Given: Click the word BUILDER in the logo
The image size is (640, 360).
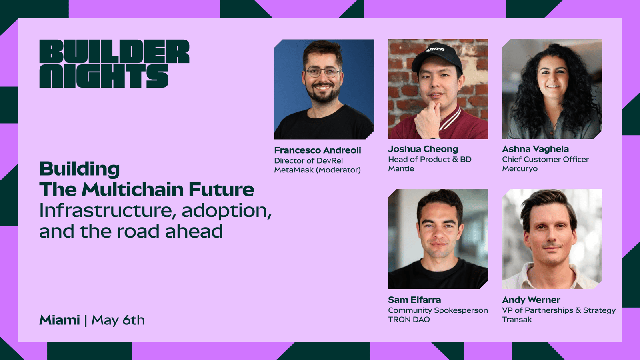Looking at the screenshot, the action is (x=114, y=52).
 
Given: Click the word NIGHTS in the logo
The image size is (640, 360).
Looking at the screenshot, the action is (x=104, y=76).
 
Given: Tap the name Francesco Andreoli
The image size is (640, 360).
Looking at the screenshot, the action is (x=318, y=150).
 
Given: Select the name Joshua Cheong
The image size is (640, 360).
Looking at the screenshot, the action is (x=423, y=149).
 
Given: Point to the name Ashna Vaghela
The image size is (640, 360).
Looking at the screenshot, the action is (x=535, y=149).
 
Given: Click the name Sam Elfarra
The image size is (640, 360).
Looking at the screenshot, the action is (x=414, y=300).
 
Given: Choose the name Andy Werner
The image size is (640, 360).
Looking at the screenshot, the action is (x=531, y=300).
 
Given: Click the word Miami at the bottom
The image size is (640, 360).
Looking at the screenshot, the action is (x=60, y=320).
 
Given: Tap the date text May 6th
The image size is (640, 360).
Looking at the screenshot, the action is (x=118, y=320).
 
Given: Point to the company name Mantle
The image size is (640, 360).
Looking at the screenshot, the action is (x=401, y=168).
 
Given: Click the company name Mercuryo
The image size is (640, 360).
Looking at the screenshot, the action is (x=520, y=168).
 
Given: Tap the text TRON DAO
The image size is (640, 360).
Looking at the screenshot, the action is (x=409, y=320).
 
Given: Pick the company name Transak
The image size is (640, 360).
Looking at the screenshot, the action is (x=517, y=320).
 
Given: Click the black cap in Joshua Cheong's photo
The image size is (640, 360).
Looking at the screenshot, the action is (x=436, y=57).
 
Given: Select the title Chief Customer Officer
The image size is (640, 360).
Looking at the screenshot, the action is (x=546, y=159).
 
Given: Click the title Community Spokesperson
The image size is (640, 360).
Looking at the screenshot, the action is (x=438, y=310).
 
